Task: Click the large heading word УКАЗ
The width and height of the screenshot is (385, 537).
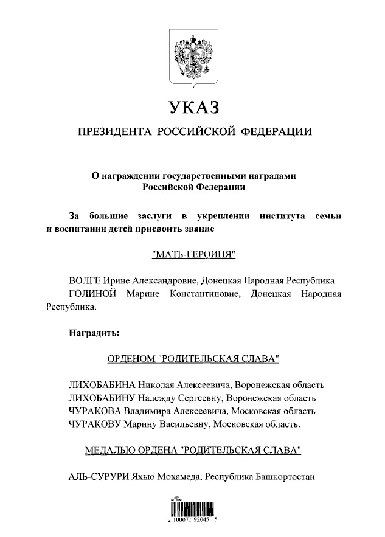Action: pos(193,108)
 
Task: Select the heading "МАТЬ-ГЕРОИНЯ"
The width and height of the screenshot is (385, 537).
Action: pos(193,255)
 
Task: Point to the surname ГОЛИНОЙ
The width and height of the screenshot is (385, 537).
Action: pos(93,294)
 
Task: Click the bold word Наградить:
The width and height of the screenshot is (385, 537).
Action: pos(94,333)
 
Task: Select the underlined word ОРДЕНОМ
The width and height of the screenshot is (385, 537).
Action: pos(131,359)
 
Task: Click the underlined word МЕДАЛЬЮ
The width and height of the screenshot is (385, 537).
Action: pos(111,451)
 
